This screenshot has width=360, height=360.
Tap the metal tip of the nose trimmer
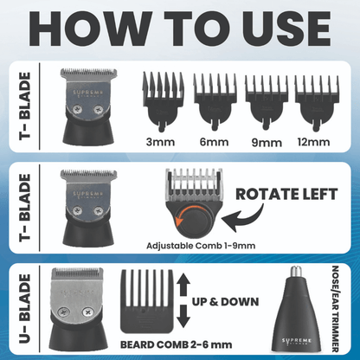point(310,283)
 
